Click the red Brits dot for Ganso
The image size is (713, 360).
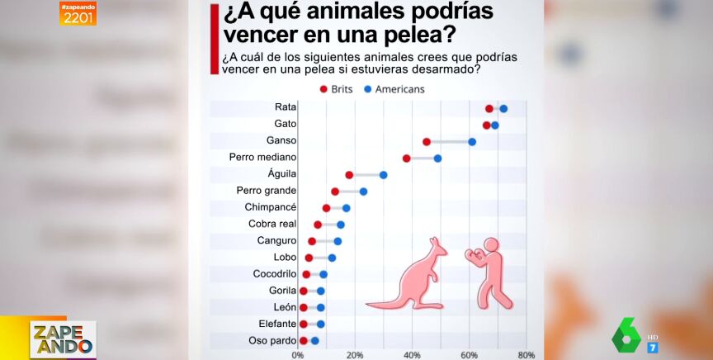427,142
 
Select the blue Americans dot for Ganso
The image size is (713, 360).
472,142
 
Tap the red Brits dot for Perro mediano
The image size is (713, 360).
407,158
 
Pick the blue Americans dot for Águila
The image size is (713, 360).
383,175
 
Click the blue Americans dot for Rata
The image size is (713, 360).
503,108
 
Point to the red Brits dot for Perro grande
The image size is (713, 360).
335,192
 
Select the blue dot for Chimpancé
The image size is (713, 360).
347,208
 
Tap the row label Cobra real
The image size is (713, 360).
272,224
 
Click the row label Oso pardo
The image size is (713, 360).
272,340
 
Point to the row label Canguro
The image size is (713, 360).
276,240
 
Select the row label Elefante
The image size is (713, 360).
276,324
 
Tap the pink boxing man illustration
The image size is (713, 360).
490,272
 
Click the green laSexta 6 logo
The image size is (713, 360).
628,334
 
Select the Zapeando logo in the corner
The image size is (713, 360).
63,339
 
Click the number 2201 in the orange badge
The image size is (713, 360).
78,17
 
